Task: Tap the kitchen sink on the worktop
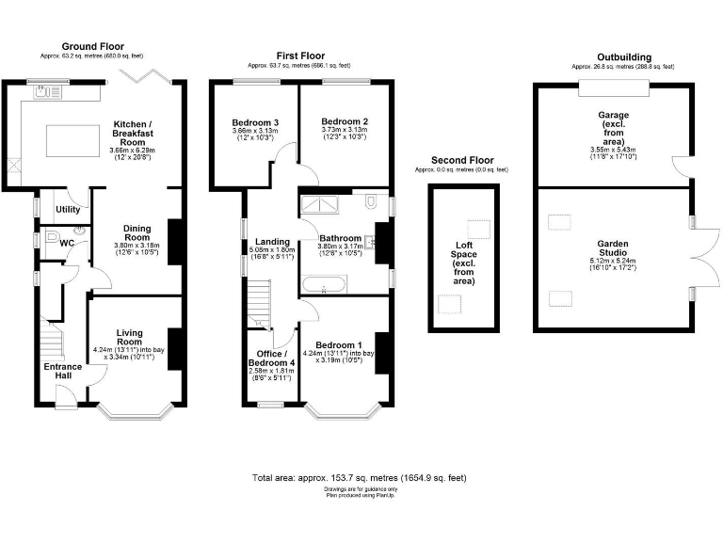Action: point(43,92)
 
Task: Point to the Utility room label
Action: point(68,209)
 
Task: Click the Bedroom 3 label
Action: point(254,122)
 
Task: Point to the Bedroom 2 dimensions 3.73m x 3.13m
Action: point(344,134)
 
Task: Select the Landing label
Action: point(272,242)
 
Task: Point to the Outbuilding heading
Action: point(623,57)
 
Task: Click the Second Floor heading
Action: point(461,160)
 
